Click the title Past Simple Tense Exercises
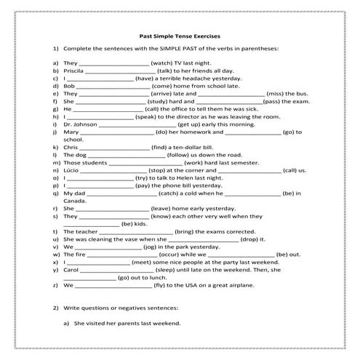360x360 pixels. click(x=179, y=35)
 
